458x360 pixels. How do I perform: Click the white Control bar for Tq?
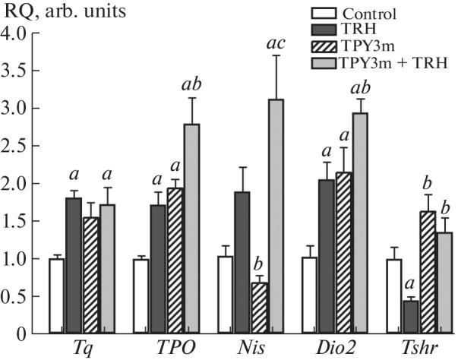point(56,295)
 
